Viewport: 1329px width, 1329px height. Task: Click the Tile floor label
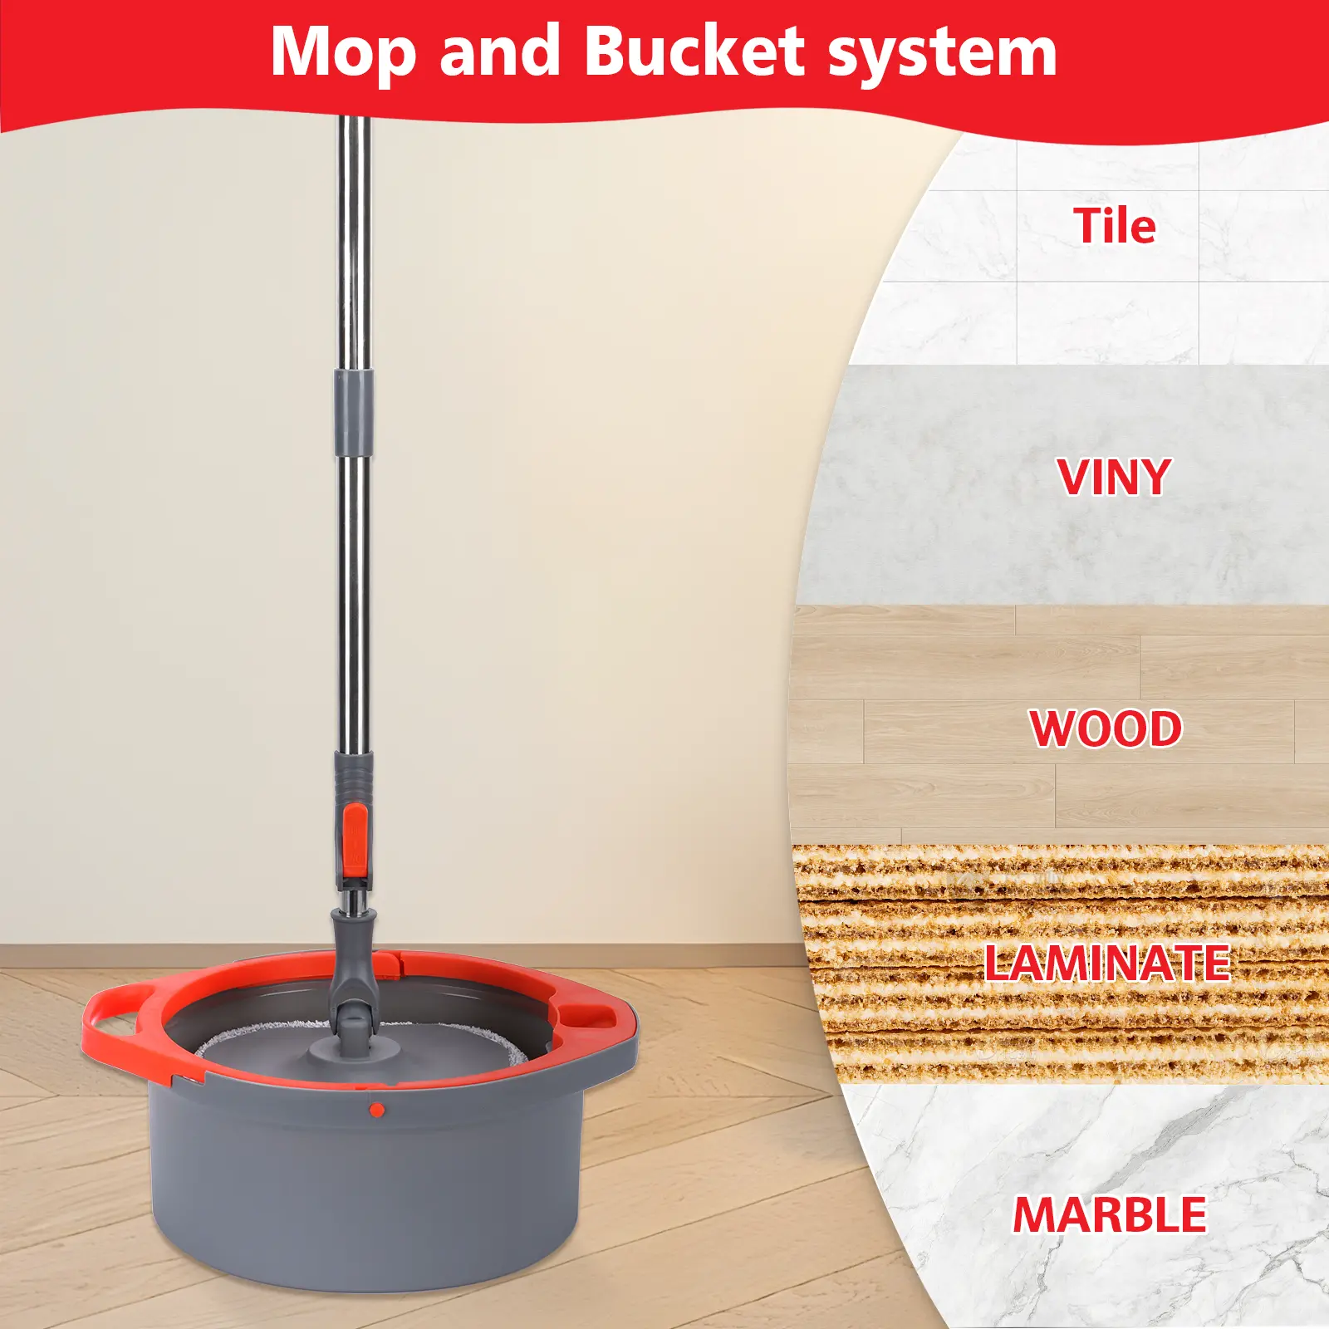point(1114,225)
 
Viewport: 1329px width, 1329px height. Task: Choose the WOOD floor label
point(1106,728)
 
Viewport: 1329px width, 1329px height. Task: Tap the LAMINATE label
point(1106,963)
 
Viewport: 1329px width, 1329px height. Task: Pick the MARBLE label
point(1109,1214)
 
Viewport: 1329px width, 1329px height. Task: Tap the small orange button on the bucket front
point(376,1110)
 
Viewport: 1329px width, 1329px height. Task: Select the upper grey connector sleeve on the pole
point(354,413)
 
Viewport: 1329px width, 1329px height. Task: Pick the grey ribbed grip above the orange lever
point(354,776)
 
